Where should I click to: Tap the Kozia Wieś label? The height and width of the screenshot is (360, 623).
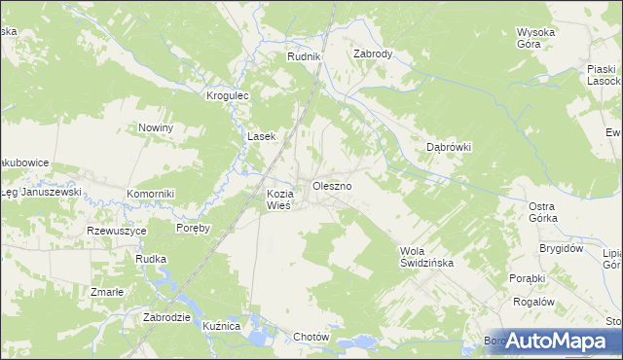click(279, 198)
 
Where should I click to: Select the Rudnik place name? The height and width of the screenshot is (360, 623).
click(304, 57)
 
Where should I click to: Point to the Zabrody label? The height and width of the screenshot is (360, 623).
click(373, 54)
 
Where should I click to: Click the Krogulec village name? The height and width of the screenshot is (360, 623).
click(229, 95)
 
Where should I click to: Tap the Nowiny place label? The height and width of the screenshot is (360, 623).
click(156, 127)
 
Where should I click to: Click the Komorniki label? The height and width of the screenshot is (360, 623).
click(150, 194)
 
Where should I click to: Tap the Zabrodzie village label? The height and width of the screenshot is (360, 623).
click(165, 317)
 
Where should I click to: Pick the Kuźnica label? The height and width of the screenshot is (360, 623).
click(223, 326)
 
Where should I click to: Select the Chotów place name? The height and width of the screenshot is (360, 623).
click(312, 337)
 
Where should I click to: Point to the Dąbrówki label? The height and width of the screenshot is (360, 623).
click(450, 147)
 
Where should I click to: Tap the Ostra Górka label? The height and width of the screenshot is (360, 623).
click(542, 212)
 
